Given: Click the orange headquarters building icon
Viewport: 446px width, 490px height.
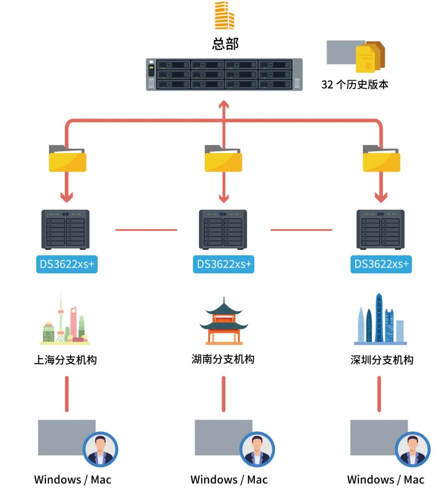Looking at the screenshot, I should (x=224, y=16).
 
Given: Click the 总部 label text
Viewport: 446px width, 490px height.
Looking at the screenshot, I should (x=225, y=44).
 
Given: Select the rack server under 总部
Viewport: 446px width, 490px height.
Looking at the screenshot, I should (x=224, y=74).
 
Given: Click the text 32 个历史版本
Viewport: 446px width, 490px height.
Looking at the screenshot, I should (x=355, y=84).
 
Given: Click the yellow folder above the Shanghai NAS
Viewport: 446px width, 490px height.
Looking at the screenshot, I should (x=67, y=159).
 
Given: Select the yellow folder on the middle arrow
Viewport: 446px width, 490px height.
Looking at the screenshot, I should (x=223, y=159).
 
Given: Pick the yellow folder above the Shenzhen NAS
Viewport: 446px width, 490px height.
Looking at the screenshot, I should (x=381, y=159).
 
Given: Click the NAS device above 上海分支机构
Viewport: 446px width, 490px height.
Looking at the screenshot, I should (x=65, y=229).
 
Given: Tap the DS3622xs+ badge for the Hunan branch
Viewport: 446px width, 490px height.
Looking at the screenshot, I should (x=223, y=264).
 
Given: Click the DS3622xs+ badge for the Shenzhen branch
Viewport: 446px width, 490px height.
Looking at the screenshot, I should (x=381, y=264).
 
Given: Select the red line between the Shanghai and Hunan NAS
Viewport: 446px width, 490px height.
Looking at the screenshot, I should (x=146, y=230).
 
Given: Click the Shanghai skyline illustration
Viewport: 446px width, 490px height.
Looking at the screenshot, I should (x=65, y=320).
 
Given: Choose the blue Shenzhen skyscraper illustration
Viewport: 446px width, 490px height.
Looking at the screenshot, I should (x=380, y=320).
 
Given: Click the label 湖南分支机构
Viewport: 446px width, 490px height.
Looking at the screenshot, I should (x=223, y=359).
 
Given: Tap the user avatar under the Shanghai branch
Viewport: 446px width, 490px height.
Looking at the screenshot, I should (x=100, y=449).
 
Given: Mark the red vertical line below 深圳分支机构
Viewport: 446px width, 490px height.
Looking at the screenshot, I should (x=379, y=394).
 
